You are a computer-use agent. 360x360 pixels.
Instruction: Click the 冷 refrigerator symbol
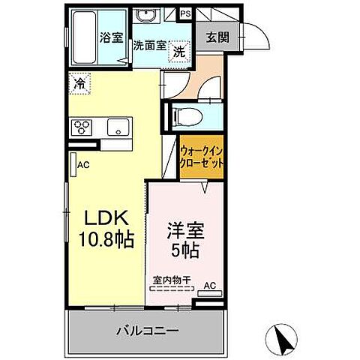click(x=79, y=84)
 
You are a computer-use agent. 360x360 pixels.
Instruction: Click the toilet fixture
click(x=184, y=117)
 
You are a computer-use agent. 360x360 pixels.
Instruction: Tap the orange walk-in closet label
click(x=201, y=157)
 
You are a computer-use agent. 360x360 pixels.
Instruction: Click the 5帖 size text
click(x=184, y=249)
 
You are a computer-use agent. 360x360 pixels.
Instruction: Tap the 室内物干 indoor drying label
click(x=172, y=280)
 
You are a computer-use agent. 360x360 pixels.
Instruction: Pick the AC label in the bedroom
click(x=209, y=286)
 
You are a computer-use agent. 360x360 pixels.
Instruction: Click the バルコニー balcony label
click(x=147, y=331)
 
